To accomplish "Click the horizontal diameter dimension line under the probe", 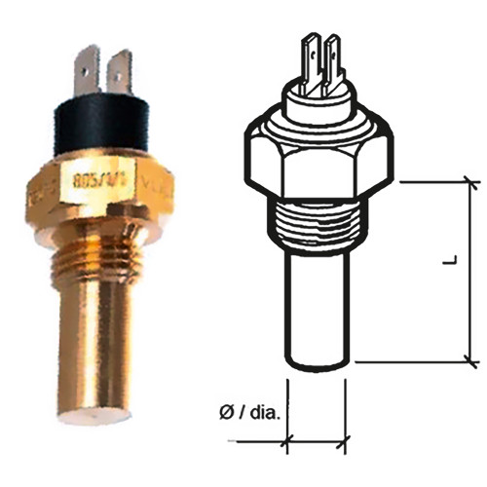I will click(317, 442).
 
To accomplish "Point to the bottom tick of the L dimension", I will click(472, 362).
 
